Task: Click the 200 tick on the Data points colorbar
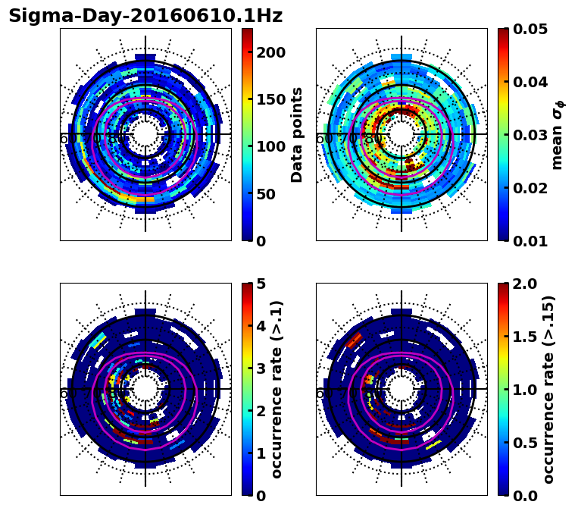pos(270,52)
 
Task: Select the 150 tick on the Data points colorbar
pos(270,99)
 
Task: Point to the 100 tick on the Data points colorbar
pos(270,146)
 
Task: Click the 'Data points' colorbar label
pos(297,134)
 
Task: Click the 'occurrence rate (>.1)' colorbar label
pos(277,389)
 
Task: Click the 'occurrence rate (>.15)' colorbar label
pos(548,389)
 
